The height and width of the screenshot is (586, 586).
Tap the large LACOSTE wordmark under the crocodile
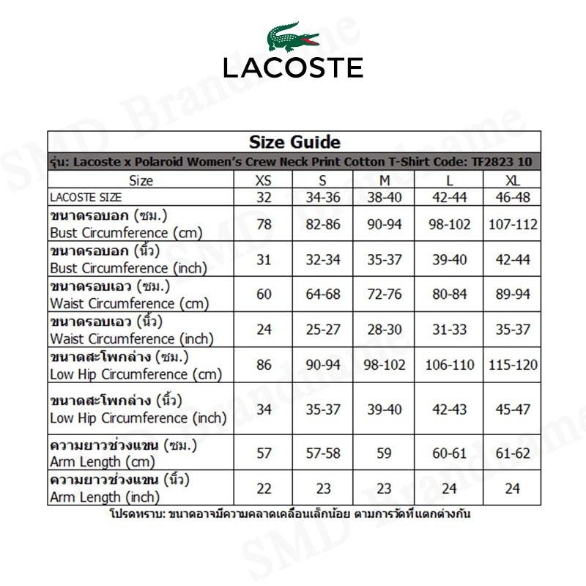293,67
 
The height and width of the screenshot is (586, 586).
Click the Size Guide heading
294,142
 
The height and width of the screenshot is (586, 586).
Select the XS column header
264,180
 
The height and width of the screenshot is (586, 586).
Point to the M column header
385,180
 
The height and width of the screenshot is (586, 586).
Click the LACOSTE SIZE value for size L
450,197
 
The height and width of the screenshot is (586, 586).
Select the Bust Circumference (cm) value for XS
264,224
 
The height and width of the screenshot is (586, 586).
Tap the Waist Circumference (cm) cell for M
385,294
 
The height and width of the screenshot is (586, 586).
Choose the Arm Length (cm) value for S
323,453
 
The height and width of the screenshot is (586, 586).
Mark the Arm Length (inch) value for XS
264,489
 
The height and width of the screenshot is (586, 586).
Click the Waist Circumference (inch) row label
132,330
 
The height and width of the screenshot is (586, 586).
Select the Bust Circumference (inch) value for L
450,259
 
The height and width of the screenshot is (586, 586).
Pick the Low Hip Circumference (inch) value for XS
264,409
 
